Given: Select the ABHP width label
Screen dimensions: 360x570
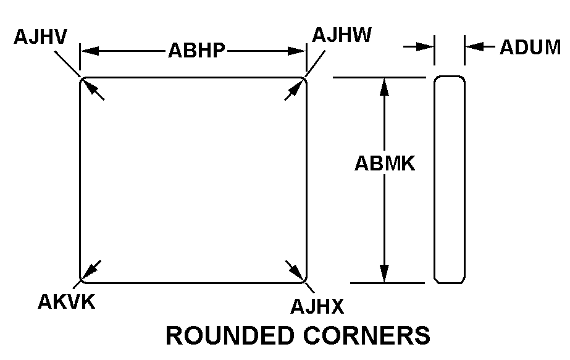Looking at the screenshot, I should coord(196,51).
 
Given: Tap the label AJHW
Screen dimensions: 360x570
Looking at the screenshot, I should coord(342,35).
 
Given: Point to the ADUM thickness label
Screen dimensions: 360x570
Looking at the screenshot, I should coord(529,48).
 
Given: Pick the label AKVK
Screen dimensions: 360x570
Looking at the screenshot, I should coord(67,302).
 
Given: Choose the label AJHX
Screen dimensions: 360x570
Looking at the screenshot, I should coord(317,306).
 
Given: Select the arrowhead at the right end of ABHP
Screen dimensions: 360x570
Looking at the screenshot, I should coord(299,51).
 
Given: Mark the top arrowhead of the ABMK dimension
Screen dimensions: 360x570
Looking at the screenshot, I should coord(385,86).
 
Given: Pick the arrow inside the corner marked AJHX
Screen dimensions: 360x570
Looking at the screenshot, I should coord(296,270).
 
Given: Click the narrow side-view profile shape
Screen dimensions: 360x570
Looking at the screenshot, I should coord(449,180).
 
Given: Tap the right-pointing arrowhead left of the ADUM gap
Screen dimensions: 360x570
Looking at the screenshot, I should coord(427,46).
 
